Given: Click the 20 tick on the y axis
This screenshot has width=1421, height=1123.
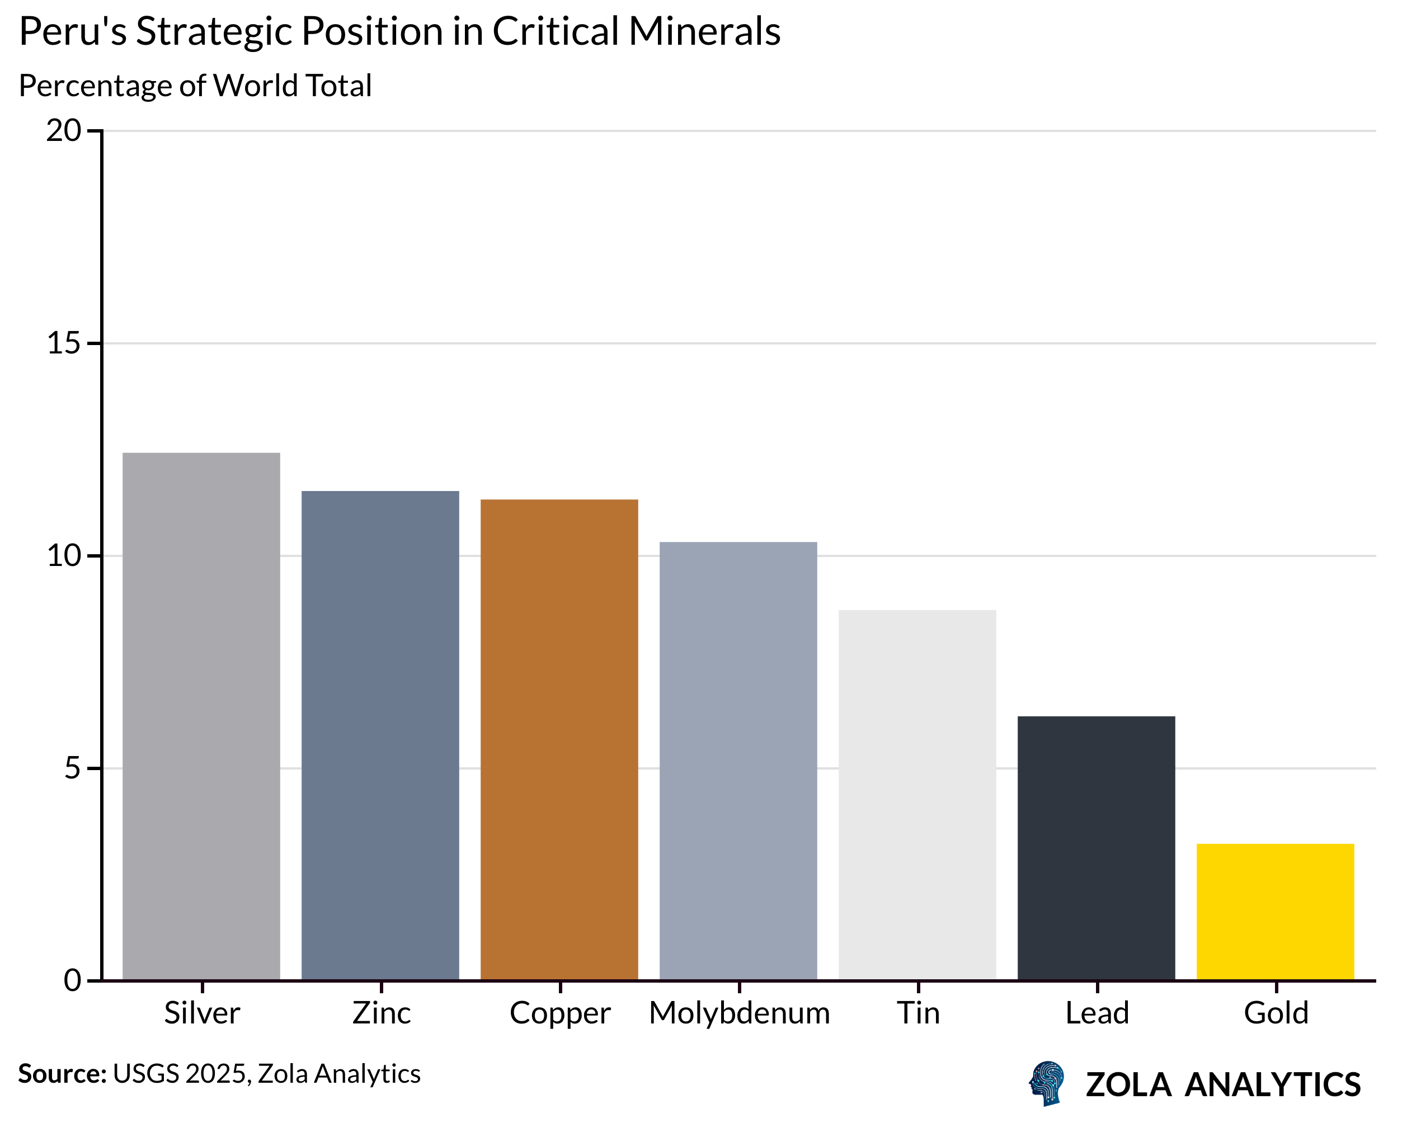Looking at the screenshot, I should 63,131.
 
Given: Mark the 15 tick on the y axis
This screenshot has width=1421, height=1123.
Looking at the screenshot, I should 63,343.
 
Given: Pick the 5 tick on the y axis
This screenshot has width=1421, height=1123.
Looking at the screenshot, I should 72,768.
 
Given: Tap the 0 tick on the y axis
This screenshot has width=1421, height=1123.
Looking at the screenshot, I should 72,980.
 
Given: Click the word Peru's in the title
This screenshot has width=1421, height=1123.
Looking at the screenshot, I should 72,31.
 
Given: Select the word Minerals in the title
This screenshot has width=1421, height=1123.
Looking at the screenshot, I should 704,31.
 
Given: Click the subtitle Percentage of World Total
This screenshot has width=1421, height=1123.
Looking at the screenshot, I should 195,86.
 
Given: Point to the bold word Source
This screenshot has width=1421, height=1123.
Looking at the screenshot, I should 62,1074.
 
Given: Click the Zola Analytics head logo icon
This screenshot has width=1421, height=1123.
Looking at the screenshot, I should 1047,1083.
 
